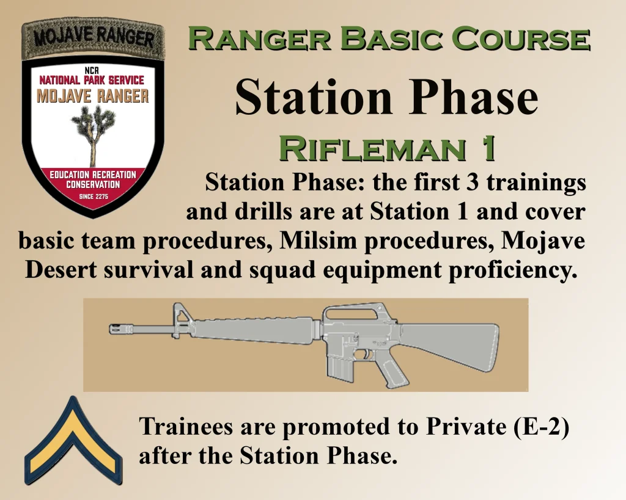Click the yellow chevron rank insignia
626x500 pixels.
(73, 440)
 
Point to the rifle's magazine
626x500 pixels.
(339, 365)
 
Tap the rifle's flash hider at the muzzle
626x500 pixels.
(119, 329)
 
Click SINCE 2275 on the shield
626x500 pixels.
(93, 197)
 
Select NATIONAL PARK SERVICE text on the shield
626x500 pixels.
(92, 80)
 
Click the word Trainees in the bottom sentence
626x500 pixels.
(186, 426)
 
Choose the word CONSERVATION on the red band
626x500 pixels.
(93, 184)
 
